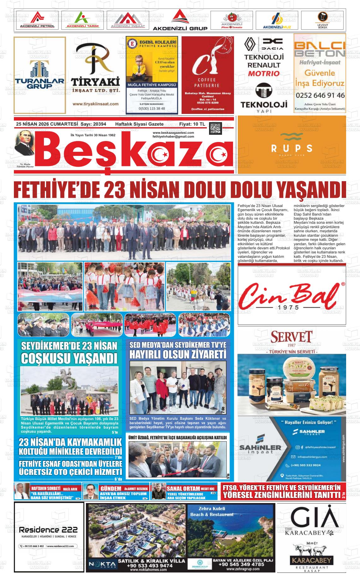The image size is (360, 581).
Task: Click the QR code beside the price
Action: tap(216, 128)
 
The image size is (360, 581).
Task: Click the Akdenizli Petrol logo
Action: tap(37, 21)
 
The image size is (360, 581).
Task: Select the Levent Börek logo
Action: tap(322, 21)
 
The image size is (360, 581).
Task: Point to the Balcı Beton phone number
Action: tap(320, 95)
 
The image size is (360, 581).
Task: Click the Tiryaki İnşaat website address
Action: tap(95, 104)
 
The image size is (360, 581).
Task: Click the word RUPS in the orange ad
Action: tap(291, 148)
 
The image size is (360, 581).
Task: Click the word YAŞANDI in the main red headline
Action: tap(309, 190)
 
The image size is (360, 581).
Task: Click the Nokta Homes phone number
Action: tap(151, 566)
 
